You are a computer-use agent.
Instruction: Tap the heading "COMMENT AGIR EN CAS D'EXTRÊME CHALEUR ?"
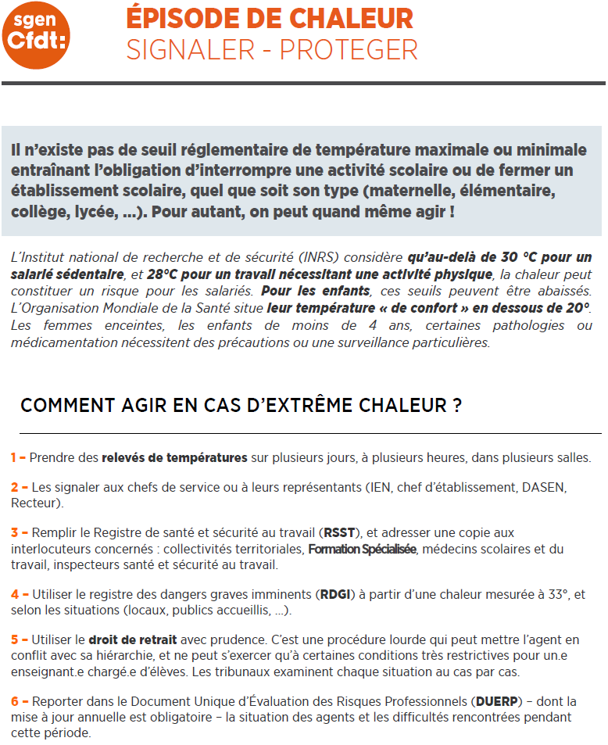coord(240,405)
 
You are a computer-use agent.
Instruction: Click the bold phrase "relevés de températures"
coord(174,457)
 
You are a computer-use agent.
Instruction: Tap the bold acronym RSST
coord(338,533)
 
